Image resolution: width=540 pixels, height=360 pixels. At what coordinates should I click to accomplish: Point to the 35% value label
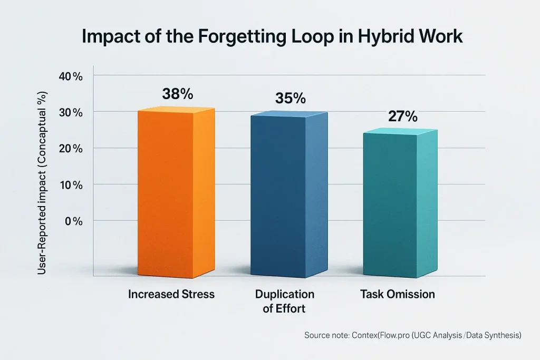click(x=291, y=99)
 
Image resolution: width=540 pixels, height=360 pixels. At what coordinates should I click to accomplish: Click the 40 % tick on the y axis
click(x=71, y=76)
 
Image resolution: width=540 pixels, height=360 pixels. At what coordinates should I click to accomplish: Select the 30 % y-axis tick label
click(x=71, y=112)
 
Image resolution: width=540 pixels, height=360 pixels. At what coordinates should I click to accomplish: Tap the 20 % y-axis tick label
click(x=71, y=149)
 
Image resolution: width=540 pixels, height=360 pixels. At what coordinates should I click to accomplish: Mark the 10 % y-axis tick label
click(x=71, y=185)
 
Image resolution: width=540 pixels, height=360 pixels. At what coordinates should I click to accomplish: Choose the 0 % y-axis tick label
click(x=73, y=221)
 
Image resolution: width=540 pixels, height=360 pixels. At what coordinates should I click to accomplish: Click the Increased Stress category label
click(x=171, y=294)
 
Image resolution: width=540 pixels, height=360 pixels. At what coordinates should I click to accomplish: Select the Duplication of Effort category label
click(x=284, y=301)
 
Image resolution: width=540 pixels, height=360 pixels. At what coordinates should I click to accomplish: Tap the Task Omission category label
click(x=398, y=294)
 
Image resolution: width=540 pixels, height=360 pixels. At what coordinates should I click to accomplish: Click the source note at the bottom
click(x=413, y=335)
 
